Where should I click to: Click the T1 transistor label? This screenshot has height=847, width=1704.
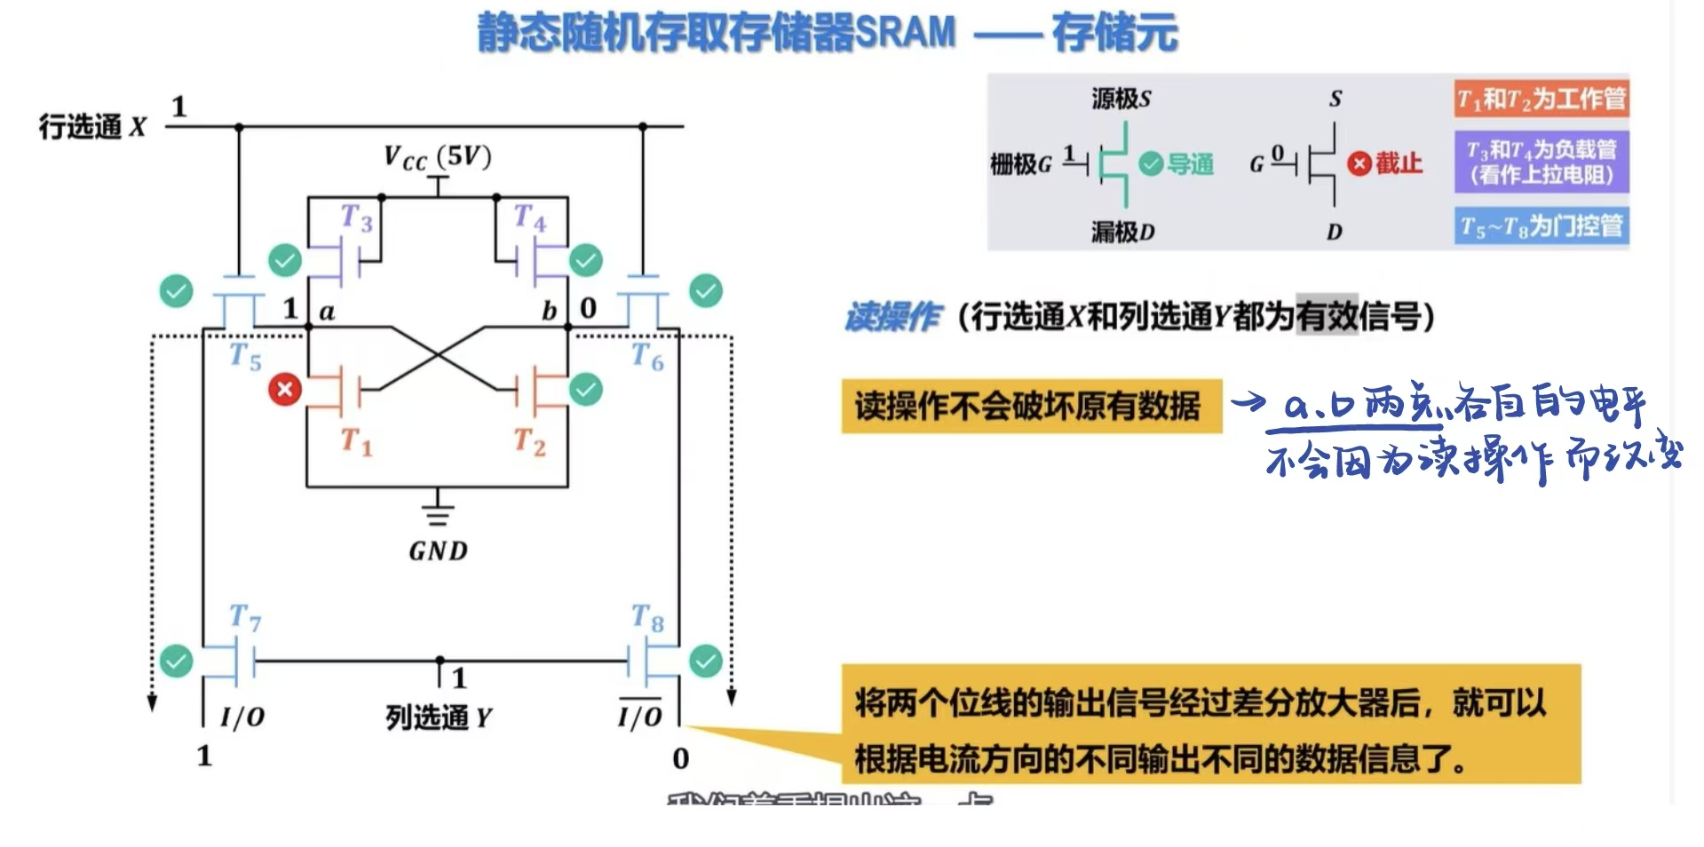(356, 441)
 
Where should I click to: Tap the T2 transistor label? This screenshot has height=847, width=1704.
(529, 441)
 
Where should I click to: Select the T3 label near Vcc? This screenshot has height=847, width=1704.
(356, 218)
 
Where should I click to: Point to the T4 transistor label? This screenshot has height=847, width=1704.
(530, 218)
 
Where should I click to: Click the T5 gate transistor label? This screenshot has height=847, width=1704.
(245, 357)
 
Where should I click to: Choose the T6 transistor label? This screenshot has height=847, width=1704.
(647, 357)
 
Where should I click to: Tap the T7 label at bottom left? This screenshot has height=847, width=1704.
(245, 617)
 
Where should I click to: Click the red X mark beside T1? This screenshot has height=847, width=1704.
(285, 389)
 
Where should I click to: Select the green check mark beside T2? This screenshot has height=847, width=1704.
(586, 389)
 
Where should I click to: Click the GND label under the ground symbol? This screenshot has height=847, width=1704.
(438, 551)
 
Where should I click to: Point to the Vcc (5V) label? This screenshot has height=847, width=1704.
(437, 157)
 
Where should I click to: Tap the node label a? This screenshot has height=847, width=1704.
(327, 312)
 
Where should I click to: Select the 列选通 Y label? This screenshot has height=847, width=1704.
(438, 717)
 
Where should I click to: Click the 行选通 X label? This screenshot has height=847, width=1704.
(92, 127)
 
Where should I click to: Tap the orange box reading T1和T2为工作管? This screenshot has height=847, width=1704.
(1542, 99)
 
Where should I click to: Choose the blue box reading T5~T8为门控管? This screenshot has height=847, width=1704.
(1542, 226)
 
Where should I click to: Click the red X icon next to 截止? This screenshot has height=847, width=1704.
(1359, 163)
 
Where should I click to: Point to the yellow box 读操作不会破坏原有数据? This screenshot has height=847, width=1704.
(1031, 407)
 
